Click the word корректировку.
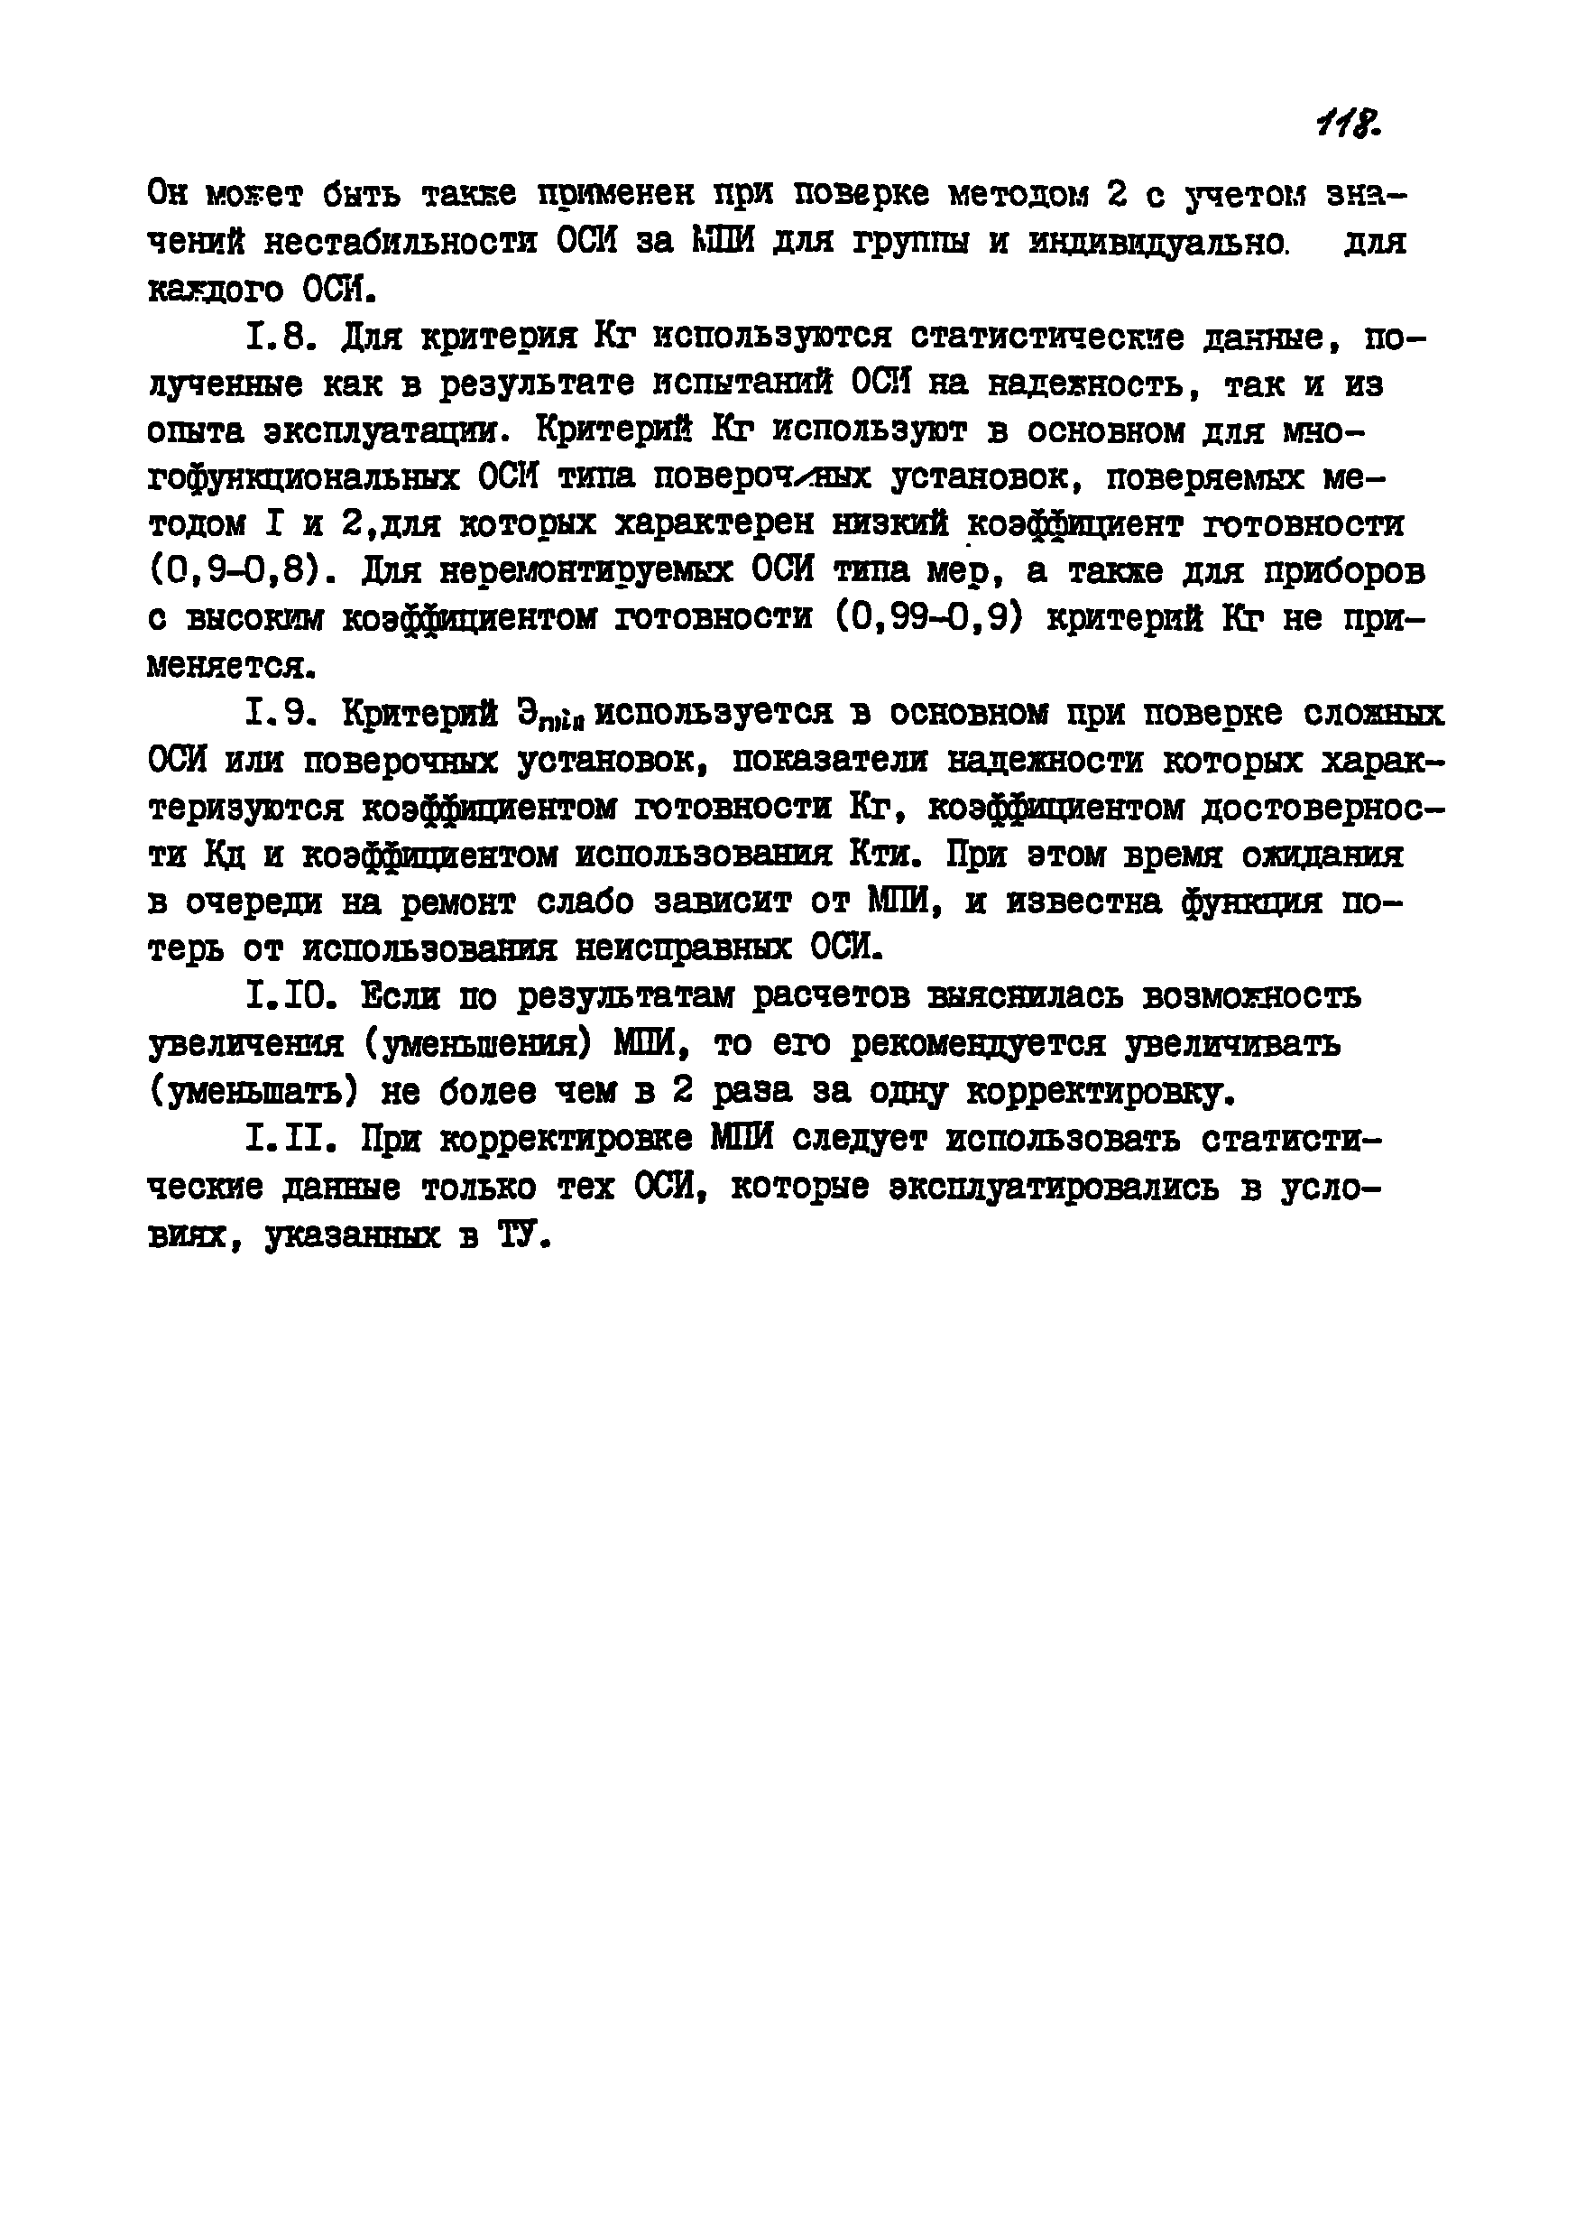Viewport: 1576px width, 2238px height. click(x=1101, y=1093)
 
